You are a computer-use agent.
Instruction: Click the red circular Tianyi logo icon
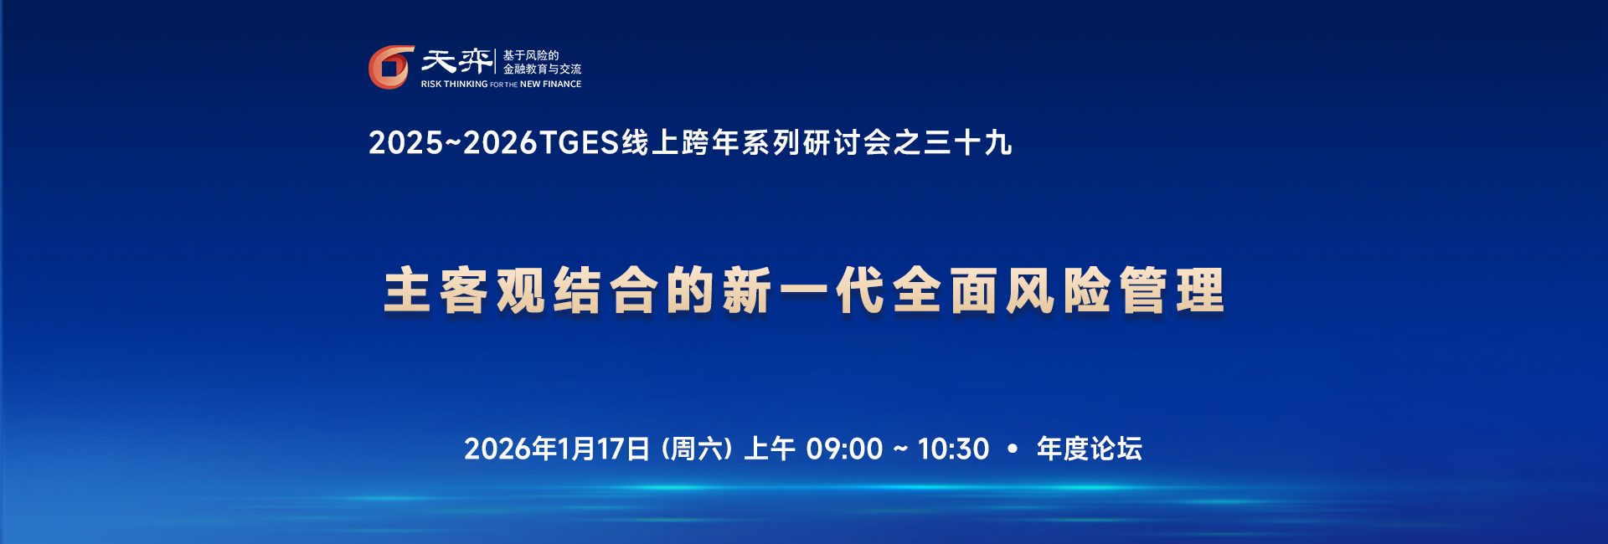coord(391,67)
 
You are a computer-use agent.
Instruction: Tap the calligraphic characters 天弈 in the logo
coord(456,61)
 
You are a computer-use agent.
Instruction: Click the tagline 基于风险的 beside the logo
coord(531,55)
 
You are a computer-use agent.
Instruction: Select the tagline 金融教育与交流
coord(542,69)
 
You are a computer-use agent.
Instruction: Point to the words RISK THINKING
coord(454,85)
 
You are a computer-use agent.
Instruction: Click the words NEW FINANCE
coord(550,85)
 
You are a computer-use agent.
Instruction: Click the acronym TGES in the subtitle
coord(579,143)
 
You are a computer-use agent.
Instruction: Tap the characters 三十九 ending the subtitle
coord(967,143)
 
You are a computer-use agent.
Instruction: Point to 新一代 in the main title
coord(803,290)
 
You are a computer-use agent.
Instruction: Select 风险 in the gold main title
coord(1058,290)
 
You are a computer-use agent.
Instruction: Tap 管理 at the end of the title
coord(1172,290)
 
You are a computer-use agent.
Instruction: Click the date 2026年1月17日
coord(557,449)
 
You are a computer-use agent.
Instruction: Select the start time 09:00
coord(844,449)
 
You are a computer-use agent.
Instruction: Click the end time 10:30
coord(953,449)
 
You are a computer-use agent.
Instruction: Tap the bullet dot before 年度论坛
coord(1013,449)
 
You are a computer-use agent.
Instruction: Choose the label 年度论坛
coord(1090,449)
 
